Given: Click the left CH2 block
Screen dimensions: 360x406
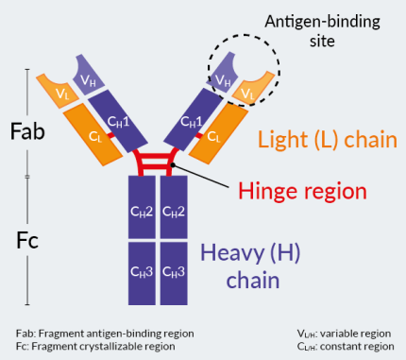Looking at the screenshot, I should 142,211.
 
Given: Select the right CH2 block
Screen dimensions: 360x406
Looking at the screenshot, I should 173,211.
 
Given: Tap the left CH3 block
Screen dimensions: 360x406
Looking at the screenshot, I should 142,271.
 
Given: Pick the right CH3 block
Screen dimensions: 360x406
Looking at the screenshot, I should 173,271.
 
